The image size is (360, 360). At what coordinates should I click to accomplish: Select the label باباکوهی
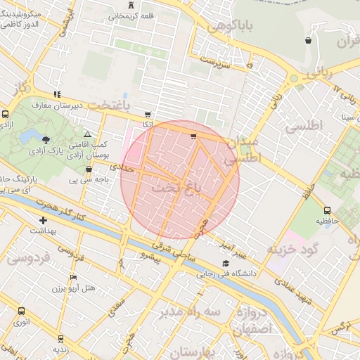click(x=217, y=27)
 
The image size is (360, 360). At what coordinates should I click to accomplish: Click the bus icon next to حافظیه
click(x=328, y=210)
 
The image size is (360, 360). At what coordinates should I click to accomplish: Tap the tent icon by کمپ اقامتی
click(x=87, y=134)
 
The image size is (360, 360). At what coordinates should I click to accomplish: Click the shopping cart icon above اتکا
click(x=147, y=115)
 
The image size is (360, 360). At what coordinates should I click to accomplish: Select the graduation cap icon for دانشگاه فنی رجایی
click(x=225, y=264)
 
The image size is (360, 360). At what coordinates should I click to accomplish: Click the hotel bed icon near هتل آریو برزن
click(x=73, y=278)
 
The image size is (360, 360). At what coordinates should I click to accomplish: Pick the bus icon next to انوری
click(x=21, y=311)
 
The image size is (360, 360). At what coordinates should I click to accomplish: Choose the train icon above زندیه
click(x=60, y=338)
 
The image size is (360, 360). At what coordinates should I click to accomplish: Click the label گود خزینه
click(x=293, y=249)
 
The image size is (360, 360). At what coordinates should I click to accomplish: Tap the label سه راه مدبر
click(x=190, y=311)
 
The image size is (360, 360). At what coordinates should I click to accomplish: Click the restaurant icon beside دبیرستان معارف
click(x=56, y=94)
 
